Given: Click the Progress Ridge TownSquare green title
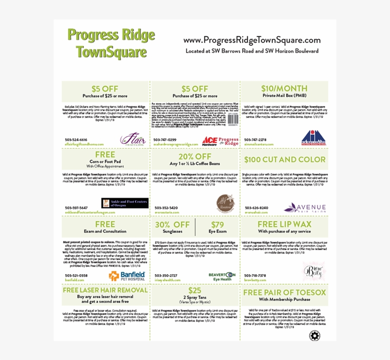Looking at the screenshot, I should pos(111,43).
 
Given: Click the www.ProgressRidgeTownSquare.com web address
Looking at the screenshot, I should pos(252,40).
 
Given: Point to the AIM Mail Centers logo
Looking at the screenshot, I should pos(308,137).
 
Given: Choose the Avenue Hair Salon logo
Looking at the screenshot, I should pos(305,208).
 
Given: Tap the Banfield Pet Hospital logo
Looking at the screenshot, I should pos(127,276).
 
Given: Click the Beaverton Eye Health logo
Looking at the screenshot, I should pos(222,277).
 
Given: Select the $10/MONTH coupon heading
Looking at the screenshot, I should pos(284,89).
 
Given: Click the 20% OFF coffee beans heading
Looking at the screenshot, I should pos(195,157).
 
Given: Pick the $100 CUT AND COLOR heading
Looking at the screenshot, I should pos(284,160).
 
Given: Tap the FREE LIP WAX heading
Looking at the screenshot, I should pos(284,224).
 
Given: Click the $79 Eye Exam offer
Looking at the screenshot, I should pos(217,227).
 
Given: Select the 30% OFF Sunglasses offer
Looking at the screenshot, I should pos(172,227).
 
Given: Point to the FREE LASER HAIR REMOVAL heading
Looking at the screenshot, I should pos(105,290).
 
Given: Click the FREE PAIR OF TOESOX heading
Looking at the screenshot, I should pos(284,292).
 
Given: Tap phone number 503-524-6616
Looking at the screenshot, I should pos(76,140).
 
